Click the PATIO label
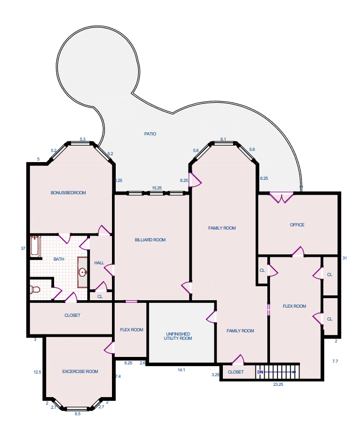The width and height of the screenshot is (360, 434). pos(150,134)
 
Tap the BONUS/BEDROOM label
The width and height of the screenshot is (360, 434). pos(68,193)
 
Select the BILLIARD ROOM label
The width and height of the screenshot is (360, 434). pos(150,240)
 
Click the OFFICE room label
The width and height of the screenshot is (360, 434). pos(297,225)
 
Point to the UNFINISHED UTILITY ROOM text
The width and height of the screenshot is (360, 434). pos(178,336)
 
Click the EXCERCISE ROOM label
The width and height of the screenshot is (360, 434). pos(80,371)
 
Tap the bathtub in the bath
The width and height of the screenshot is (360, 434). pos(35,246)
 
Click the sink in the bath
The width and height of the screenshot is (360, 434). pos(82,272)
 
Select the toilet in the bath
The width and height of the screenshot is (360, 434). pos(35,290)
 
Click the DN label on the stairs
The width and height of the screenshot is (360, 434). pos(260,372)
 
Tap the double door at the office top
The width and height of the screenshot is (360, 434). pos(281,197)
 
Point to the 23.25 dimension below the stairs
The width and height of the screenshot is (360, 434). pos(278,384)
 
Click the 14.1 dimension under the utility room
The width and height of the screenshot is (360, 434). pos(181,370)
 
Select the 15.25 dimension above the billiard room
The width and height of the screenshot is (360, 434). pos(157,188)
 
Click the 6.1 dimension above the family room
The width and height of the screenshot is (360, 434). pos(223,139)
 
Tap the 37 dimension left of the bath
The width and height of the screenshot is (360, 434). pos(23,248)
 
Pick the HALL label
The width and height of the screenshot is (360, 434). pos(99,263)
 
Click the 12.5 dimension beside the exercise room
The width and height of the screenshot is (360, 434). pos(37,372)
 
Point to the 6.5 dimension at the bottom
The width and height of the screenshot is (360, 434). pos(78,414)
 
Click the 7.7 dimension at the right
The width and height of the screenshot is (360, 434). pos(335,361)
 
